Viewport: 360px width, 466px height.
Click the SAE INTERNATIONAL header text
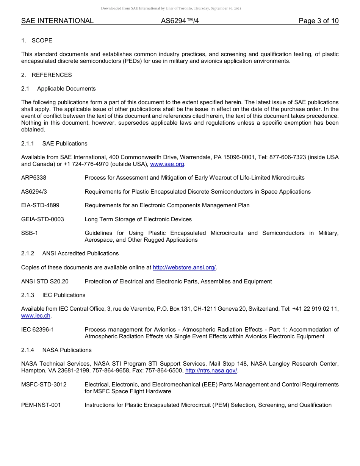pyautogui.click(x=57, y=21)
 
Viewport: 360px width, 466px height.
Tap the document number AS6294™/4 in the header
pyautogui.click(x=180, y=21)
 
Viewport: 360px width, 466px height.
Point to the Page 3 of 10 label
pyautogui.click(x=318, y=21)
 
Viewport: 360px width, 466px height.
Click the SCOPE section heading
pyautogui.click(x=42, y=41)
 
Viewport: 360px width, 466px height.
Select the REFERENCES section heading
pyautogui.click(x=52, y=75)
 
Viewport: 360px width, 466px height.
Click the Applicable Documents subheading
pyautogui.click(x=66, y=89)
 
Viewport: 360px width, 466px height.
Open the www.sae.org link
pyautogui.click(x=167, y=164)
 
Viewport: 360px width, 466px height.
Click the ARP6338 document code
pyautogui.click(x=34, y=178)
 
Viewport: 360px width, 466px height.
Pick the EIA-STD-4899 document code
pyautogui.click(x=40, y=205)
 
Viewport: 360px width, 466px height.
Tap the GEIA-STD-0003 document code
pyautogui.click(x=42, y=219)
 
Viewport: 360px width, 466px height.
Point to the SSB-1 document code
pyautogui.click(x=30, y=233)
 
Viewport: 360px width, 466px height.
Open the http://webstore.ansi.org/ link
pyautogui.click(x=184, y=267)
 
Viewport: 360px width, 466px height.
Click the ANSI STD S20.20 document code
pyautogui.click(x=45, y=281)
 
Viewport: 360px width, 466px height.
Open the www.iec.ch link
pyautogui.click(x=36, y=316)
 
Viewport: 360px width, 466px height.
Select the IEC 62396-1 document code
pyautogui.click(x=38, y=330)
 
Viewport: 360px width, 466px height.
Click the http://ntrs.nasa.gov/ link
pyautogui.click(x=211, y=371)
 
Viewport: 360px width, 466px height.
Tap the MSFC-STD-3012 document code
pyautogui.click(x=44, y=385)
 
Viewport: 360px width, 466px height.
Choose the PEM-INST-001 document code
pyautogui.click(x=41, y=405)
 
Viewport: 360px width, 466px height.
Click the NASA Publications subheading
pyautogui.click(x=67, y=350)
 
